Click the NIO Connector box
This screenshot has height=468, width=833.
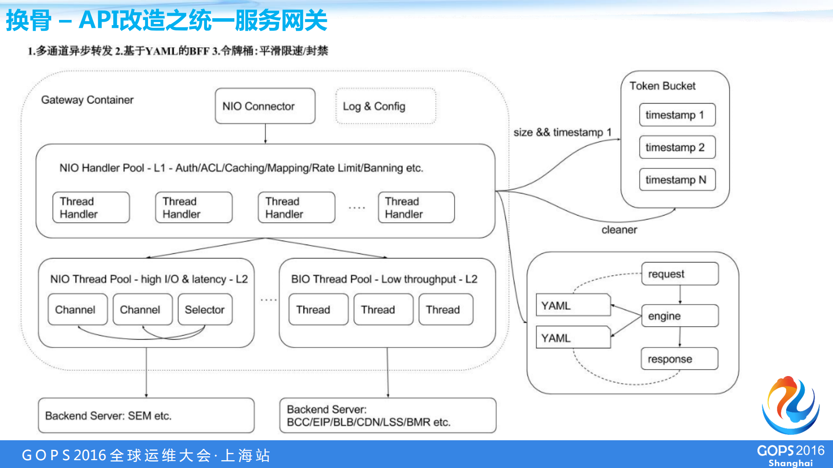coord(265,106)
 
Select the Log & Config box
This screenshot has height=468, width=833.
coord(385,106)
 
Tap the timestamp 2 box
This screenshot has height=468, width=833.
coord(677,147)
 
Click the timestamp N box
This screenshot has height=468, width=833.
coord(677,180)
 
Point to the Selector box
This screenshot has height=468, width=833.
coord(205,310)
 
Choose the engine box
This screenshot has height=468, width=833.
coord(679,316)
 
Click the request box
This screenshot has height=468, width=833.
coord(679,274)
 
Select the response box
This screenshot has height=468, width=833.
coord(679,359)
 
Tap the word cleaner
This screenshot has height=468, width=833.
coord(619,230)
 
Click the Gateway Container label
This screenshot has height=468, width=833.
coord(87,100)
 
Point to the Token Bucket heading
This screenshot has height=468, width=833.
coord(662,86)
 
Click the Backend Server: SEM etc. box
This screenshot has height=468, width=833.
coord(146,416)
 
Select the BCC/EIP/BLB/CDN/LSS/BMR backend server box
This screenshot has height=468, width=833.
coord(388,416)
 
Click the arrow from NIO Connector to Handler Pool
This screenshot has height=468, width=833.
coord(265,134)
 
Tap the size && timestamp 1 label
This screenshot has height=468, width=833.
coord(562,132)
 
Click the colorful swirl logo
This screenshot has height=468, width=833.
coord(790,406)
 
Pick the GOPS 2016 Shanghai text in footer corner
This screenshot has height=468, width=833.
coord(790,455)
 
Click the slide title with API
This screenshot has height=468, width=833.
coord(167,20)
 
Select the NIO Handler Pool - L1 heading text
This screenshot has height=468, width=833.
coord(241,168)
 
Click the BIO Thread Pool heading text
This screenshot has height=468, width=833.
coord(384,279)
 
